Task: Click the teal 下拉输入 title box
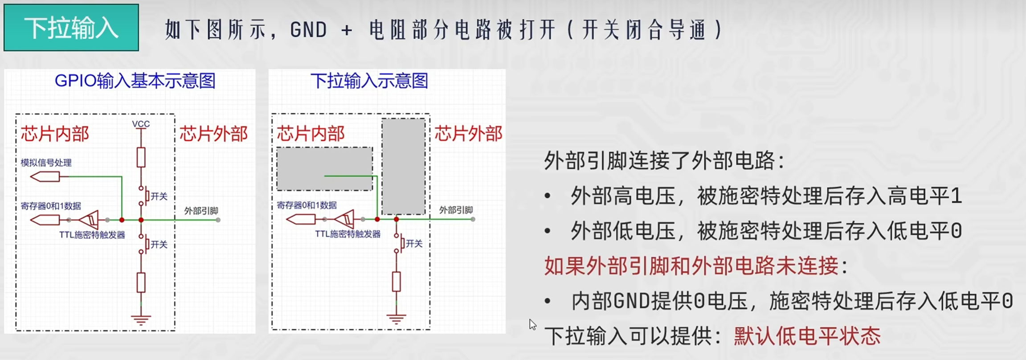pos(71,28)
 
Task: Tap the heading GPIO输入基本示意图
pos(135,81)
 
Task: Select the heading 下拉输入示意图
pos(369,81)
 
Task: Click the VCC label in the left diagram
pos(141,124)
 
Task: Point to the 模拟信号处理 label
pos(46,163)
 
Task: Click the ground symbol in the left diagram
pos(141,319)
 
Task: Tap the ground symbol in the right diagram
pos(396,319)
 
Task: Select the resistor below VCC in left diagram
pos(141,157)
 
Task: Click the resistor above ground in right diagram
pos(396,282)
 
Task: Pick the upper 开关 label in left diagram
pos(159,196)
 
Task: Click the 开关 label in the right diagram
pos(414,244)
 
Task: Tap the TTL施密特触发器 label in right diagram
pos(347,234)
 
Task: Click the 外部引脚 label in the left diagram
pos(201,211)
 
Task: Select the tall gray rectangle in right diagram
pos(403,166)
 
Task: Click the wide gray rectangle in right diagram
pos(324,169)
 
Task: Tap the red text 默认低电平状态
pos(807,336)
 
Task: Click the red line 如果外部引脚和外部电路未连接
pos(691,266)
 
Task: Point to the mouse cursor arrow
pos(532,324)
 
